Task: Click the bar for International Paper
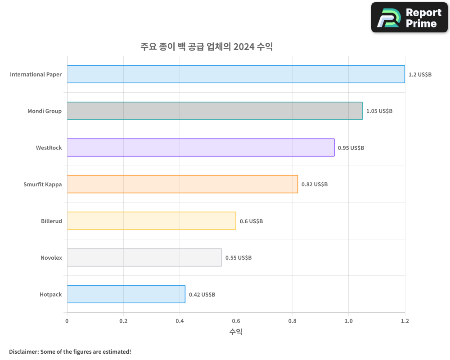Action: coord(236,74)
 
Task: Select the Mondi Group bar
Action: coord(215,111)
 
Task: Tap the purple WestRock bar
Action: coord(201,148)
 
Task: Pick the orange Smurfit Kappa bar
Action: coord(182,184)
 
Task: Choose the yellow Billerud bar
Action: coord(151,221)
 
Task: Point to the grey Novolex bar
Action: coord(144,257)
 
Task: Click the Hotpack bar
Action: coord(126,294)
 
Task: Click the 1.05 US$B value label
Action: coord(379,111)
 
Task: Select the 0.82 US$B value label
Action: coord(314,184)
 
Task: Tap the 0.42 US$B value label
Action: coord(202,295)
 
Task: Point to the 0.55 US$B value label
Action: coord(238,258)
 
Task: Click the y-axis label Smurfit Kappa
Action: coord(42,184)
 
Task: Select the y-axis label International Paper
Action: coord(36,74)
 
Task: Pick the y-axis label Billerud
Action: coord(51,221)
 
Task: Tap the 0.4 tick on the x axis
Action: coord(180,321)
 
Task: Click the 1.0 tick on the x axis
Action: coord(348,321)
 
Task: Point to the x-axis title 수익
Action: coord(236,332)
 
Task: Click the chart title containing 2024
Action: coord(207,47)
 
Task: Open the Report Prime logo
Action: coord(409,18)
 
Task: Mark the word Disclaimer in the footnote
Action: coord(23,351)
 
